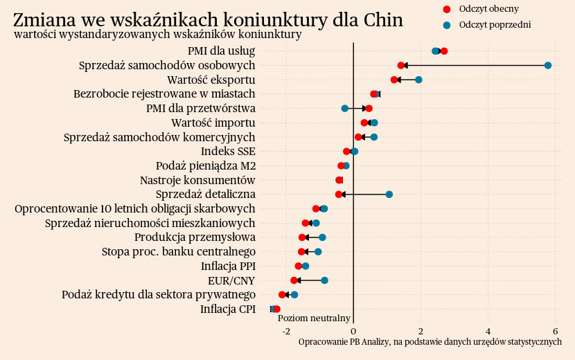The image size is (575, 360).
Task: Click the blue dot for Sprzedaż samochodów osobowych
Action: [x=548, y=65]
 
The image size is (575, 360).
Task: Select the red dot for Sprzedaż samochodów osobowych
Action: [x=401, y=65]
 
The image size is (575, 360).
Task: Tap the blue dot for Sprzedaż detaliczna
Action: [x=389, y=195]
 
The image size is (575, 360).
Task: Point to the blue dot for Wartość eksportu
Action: [x=418, y=80]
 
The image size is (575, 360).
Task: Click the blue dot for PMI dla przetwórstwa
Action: [x=345, y=109]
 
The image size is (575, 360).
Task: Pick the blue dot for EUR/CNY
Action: [x=324, y=280]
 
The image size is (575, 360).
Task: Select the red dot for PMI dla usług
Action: [x=444, y=51]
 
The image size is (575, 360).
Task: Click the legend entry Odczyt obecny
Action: [x=488, y=9]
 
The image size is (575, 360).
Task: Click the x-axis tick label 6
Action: [x=556, y=331]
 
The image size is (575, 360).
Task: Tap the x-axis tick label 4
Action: [x=488, y=331]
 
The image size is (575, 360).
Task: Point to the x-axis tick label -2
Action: [x=286, y=331]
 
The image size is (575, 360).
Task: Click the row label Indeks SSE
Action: [x=228, y=151]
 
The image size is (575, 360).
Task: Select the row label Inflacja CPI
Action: [x=228, y=309]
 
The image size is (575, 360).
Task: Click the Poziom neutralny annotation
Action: [x=314, y=318]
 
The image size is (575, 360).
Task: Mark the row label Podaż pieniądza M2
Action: [x=206, y=165]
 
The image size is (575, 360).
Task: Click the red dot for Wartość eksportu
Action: [x=394, y=80]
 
